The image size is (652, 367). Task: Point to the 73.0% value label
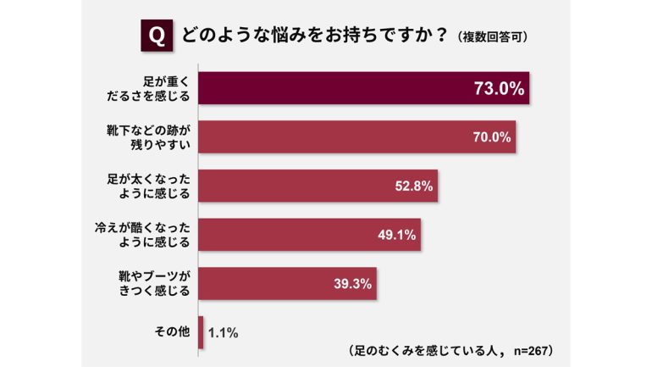499,88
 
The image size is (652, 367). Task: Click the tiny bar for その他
201,332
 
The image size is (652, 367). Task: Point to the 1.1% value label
222,332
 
